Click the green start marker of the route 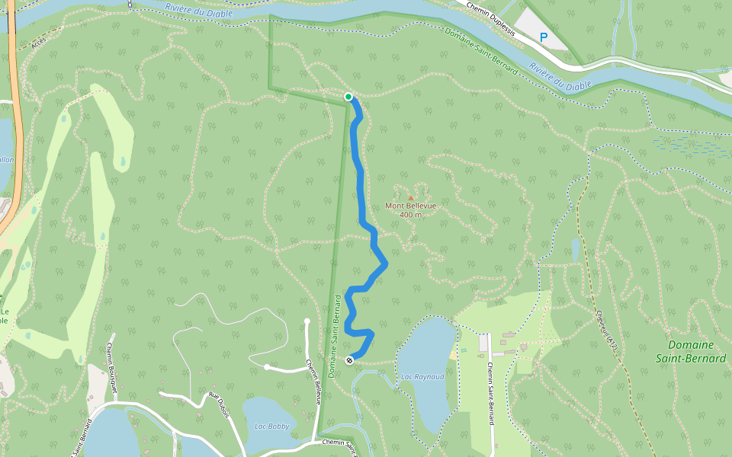[x=348, y=97]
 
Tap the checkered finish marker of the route [x=349, y=360]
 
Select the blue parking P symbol [x=544, y=37]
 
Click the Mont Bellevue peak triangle [x=410, y=198]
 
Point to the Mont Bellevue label [x=410, y=206]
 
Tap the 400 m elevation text [x=410, y=215]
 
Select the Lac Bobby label [x=271, y=427]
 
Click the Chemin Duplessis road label [x=491, y=18]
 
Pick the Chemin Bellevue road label [x=313, y=382]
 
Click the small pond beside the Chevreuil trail [x=575, y=249]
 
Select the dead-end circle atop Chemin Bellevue [x=307, y=321]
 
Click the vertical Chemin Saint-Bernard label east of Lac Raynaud [x=489, y=392]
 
